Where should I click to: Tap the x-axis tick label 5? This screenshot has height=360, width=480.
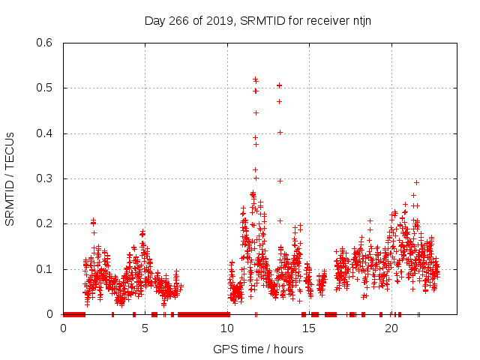(145, 328)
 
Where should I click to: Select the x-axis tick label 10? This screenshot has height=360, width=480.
(227, 328)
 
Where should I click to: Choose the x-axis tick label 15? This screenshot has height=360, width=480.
(309, 328)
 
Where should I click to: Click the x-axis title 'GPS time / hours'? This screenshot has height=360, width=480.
(258, 349)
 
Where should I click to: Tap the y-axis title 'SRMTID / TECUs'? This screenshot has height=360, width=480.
(10, 178)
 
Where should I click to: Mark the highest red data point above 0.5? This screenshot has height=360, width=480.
(255, 78)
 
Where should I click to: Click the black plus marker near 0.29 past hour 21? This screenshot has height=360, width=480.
(416, 182)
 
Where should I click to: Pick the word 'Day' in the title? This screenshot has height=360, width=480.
(154, 20)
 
